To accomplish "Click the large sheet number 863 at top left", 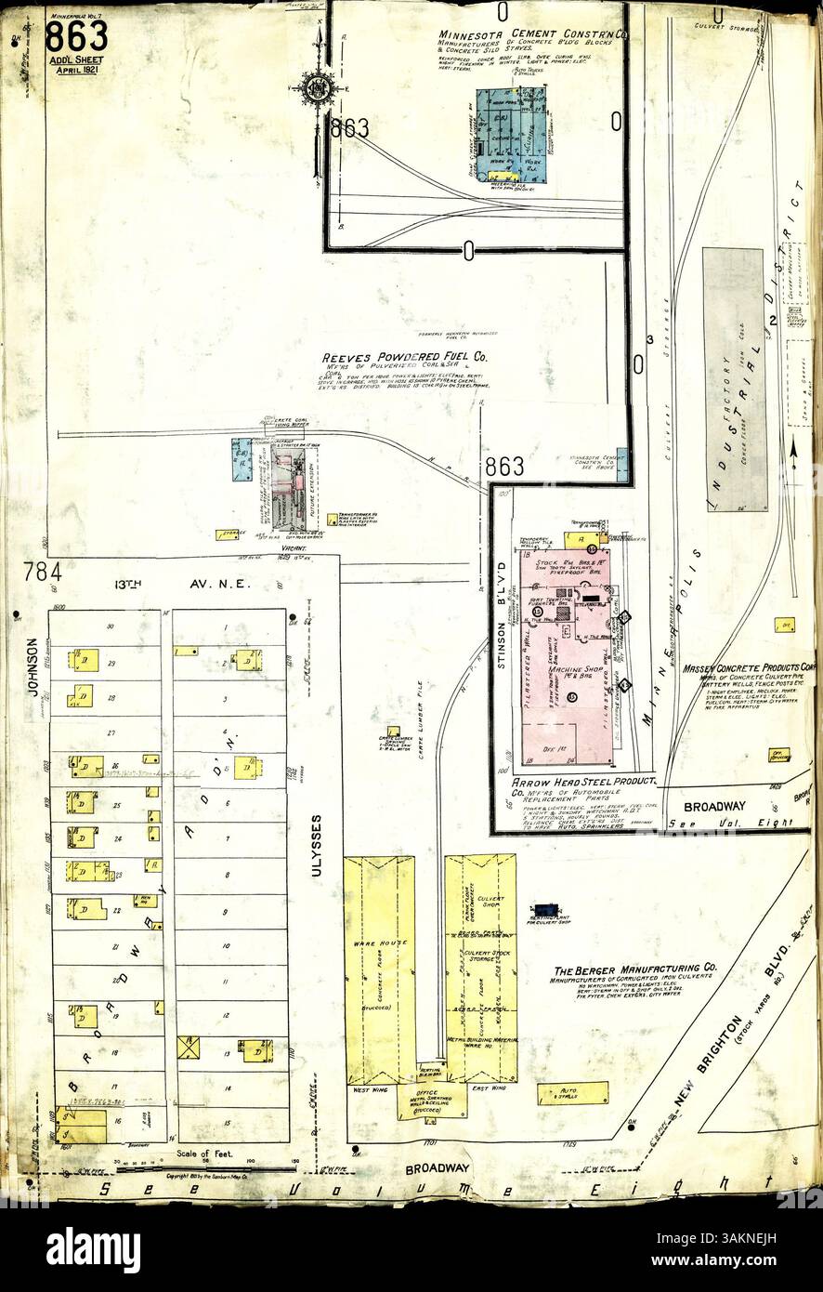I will pos(76,37).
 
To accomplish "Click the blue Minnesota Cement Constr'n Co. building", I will pos(511,136).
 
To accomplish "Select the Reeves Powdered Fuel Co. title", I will pos(404,357).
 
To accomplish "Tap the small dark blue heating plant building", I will pos(545,907).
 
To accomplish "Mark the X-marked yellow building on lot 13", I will pos(189,1048).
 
